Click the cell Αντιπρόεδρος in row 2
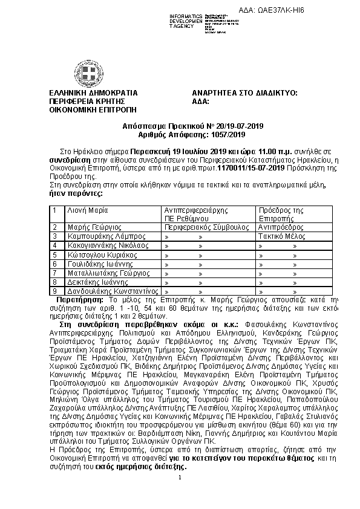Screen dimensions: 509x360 coord(280,227)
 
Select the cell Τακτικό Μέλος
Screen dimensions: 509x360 coord(280,236)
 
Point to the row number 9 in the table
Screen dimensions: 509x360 coord(55,291)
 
